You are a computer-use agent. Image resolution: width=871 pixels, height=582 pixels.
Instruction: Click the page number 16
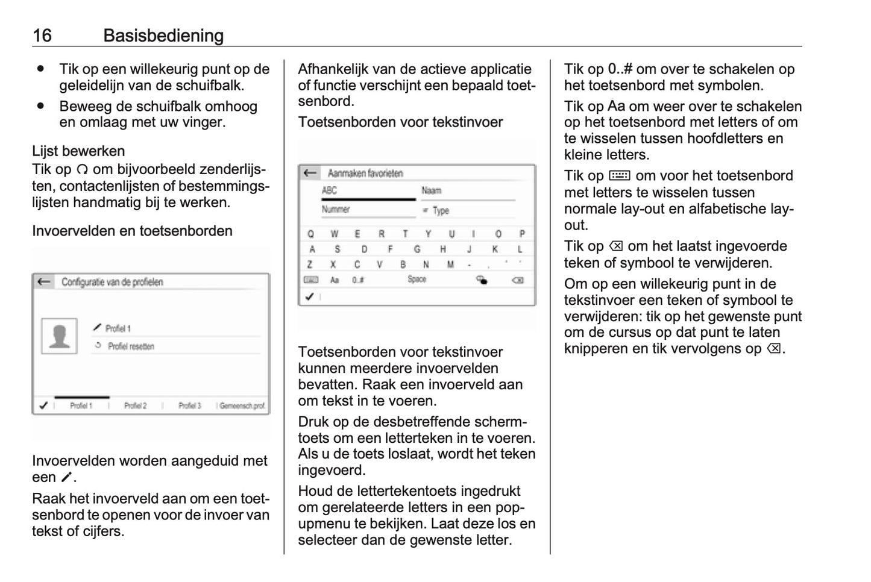(42, 36)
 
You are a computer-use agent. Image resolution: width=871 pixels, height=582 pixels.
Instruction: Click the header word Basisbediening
(163, 36)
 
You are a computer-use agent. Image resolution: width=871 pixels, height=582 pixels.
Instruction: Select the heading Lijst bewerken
(78, 151)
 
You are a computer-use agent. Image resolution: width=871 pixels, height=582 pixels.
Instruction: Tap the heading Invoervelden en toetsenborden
(132, 231)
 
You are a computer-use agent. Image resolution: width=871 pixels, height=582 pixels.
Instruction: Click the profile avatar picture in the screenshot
(59, 336)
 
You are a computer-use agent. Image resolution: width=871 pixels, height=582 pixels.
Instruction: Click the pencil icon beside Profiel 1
(97, 328)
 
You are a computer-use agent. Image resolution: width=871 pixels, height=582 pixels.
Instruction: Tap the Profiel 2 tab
(135, 406)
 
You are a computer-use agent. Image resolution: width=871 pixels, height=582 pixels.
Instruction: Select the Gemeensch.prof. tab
(242, 406)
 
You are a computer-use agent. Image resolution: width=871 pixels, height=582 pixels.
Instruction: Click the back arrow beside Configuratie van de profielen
(43, 282)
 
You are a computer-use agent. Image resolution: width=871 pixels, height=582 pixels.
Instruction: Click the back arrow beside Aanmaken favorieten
(310, 174)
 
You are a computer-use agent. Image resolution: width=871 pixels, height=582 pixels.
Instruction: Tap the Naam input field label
(432, 191)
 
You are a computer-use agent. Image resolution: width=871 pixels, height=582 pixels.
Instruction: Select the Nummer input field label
(336, 210)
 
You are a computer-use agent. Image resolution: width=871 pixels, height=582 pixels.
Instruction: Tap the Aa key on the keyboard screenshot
(335, 280)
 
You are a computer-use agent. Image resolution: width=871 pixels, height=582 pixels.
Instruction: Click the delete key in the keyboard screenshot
(517, 280)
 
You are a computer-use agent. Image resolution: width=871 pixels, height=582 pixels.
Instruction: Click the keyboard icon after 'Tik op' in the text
(619, 176)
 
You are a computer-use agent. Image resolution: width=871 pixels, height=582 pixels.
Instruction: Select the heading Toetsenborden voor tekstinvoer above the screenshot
(400, 122)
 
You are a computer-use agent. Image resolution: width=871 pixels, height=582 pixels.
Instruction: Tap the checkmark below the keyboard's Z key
(310, 296)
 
